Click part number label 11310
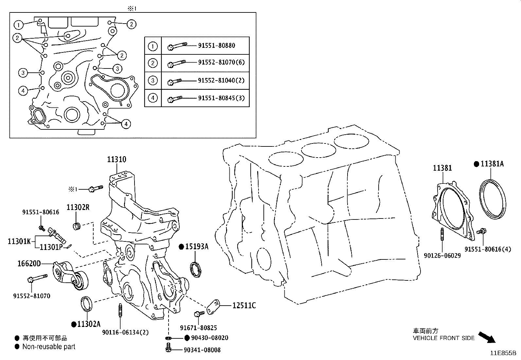(x=116, y=160)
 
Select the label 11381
(x=442, y=168)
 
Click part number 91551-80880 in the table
(x=216, y=46)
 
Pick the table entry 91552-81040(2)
(x=221, y=80)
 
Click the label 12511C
(x=244, y=306)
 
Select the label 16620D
(x=29, y=263)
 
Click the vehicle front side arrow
(x=487, y=337)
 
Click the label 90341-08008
(x=202, y=350)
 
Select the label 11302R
(x=78, y=207)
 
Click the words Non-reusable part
(x=49, y=347)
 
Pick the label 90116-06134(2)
(x=126, y=332)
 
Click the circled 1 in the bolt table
(x=153, y=46)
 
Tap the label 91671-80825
(x=198, y=328)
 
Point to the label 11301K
(x=19, y=241)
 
